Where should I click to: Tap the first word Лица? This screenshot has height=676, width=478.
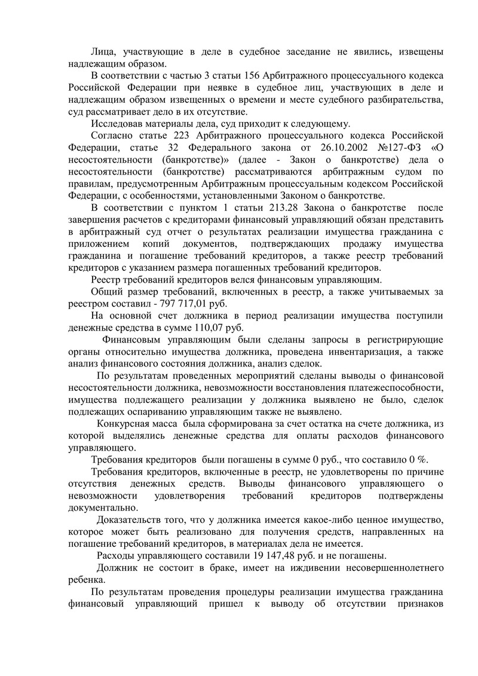(x=103, y=53)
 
